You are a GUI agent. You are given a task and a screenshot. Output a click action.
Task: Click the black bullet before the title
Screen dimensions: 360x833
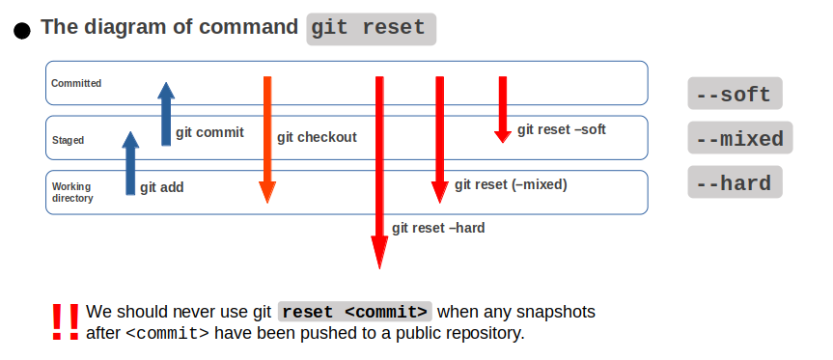[22, 31]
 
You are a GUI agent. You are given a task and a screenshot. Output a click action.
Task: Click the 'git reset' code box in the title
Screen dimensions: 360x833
[372, 28]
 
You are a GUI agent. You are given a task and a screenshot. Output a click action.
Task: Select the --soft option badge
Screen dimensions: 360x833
[735, 95]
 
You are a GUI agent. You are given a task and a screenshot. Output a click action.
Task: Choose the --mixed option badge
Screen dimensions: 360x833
[740, 139]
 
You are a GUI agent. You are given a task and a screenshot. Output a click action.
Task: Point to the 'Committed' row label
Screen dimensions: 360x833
[76, 84]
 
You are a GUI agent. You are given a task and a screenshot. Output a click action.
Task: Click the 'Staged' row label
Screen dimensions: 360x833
[68, 141]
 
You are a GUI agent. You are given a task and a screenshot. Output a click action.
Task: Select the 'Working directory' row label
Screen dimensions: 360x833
[72, 192]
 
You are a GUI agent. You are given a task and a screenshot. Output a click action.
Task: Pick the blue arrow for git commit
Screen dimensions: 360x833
[166, 113]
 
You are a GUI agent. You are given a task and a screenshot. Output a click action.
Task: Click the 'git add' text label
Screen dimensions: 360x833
[161, 188]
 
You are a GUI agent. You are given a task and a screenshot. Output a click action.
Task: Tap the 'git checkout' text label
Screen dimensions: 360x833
[317, 137]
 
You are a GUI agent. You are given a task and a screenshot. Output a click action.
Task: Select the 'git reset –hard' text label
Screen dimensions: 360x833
[438, 229]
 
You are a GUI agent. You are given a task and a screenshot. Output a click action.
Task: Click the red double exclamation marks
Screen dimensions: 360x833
[66, 321]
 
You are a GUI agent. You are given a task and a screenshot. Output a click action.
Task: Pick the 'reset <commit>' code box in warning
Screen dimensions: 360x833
[355, 313]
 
